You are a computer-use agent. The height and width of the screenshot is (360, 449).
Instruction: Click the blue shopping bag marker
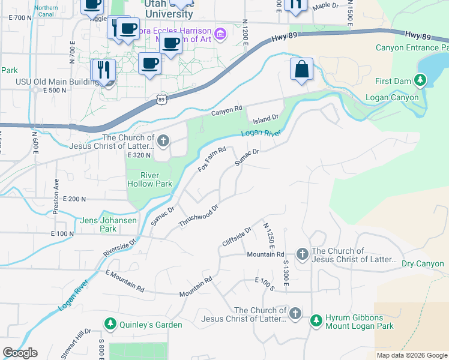pyautogui.click(x=302, y=69)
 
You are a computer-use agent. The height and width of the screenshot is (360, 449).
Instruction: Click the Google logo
pyautogui.click(x=19, y=353)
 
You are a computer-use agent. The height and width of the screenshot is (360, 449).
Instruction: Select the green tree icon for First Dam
pyautogui.click(x=420, y=80)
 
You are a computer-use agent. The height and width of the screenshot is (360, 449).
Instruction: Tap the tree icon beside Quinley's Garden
pyautogui.click(x=110, y=325)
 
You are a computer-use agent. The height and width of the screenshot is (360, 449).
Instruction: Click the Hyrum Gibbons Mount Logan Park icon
pyautogui.click(x=316, y=321)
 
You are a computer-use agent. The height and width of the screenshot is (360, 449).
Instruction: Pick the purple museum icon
pyautogui.click(x=220, y=35)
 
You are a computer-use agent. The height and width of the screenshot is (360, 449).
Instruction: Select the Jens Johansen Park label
pyautogui.click(x=108, y=224)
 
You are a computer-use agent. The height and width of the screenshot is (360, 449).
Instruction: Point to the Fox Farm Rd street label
pyautogui.click(x=212, y=159)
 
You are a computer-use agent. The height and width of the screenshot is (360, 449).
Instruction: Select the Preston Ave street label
pyautogui.click(x=57, y=191)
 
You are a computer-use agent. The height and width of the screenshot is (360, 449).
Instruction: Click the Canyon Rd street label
pyautogui.click(x=226, y=111)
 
